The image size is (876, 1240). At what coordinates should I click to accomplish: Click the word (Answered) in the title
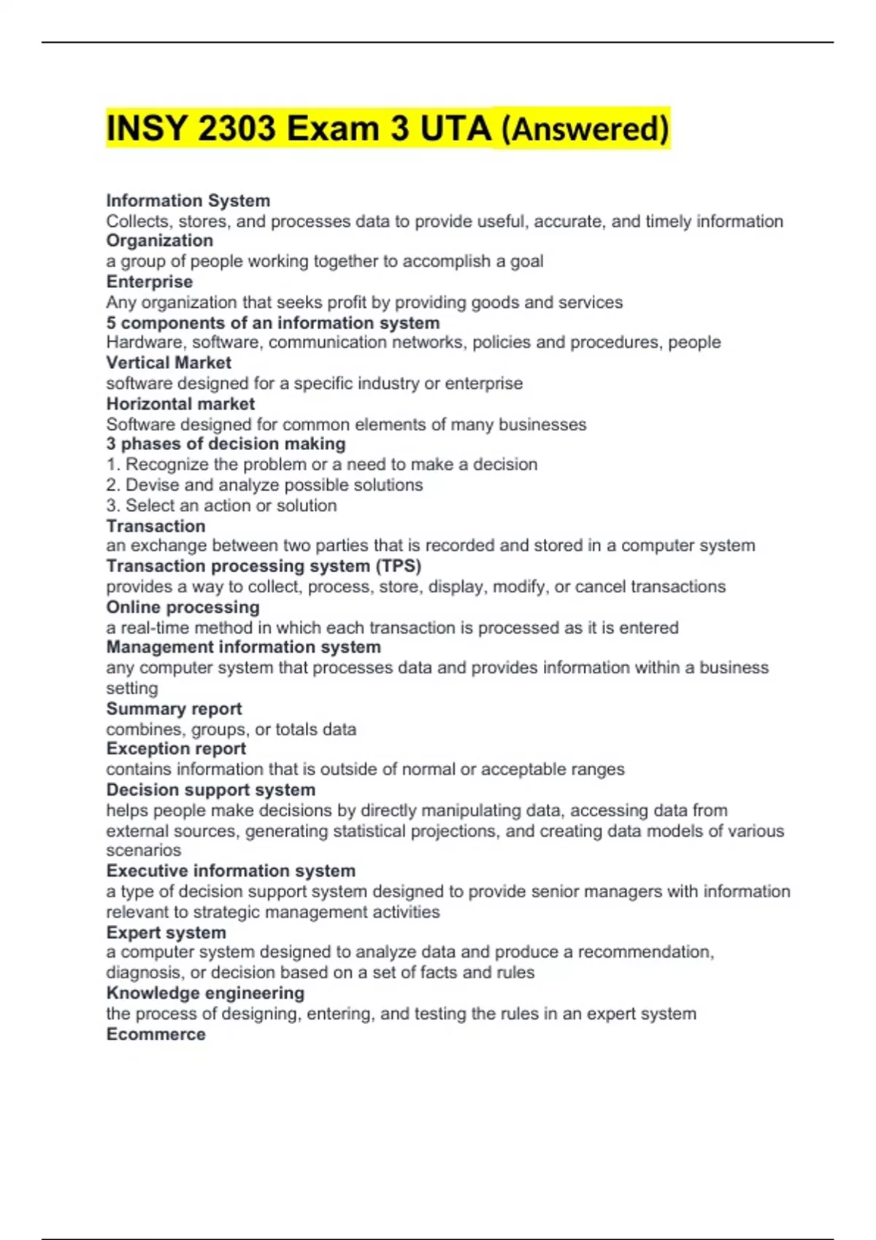(585, 129)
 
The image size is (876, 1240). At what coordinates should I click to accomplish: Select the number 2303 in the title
(237, 129)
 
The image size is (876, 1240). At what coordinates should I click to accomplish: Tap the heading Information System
(188, 201)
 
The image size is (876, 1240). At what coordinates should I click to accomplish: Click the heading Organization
(159, 241)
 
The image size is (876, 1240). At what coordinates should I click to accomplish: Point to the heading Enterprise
(149, 282)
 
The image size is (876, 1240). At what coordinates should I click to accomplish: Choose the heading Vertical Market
(169, 363)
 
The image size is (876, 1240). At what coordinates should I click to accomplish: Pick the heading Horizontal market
(180, 403)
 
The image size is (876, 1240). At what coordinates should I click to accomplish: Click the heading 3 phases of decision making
(226, 443)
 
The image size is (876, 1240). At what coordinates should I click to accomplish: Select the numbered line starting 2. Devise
(264, 485)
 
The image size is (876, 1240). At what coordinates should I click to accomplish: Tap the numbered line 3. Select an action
(221, 505)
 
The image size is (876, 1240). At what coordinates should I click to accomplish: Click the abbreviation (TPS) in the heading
(399, 566)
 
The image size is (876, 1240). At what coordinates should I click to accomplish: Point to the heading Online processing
(182, 607)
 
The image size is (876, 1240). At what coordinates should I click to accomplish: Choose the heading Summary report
(174, 708)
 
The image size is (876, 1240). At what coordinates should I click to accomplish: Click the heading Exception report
(176, 748)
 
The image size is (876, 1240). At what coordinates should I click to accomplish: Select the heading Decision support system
(210, 789)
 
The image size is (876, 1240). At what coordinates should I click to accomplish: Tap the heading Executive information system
(231, 870)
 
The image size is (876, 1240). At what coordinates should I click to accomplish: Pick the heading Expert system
(166, 932)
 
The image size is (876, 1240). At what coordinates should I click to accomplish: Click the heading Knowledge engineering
(205, 993)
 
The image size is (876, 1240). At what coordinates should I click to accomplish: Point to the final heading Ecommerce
(155, 1034)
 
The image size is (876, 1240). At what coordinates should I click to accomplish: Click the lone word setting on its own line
(131, 688)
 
